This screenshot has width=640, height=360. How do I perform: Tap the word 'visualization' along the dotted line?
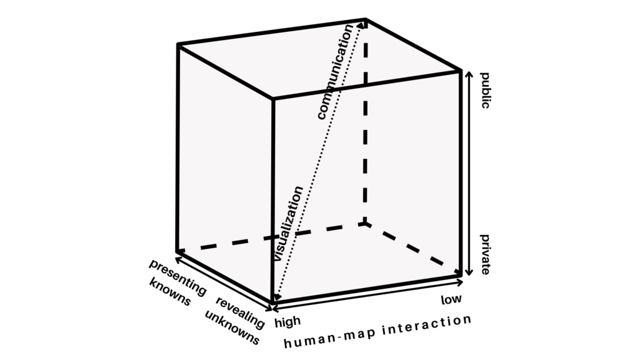click(x=288, y=223)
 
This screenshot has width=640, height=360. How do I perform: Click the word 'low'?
click(x=451, y=299)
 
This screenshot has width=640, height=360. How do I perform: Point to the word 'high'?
click(x=287, y=321)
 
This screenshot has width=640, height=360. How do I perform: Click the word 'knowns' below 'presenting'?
click(x=169, y=292)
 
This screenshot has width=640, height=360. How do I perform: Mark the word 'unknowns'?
click(x=232, y=327)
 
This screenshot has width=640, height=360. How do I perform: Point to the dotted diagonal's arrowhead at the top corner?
click(x=363, y=25)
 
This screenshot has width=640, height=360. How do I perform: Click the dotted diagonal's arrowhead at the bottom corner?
click(x=276, y=299)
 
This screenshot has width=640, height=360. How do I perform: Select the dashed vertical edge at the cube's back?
click(x=366, y=125)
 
